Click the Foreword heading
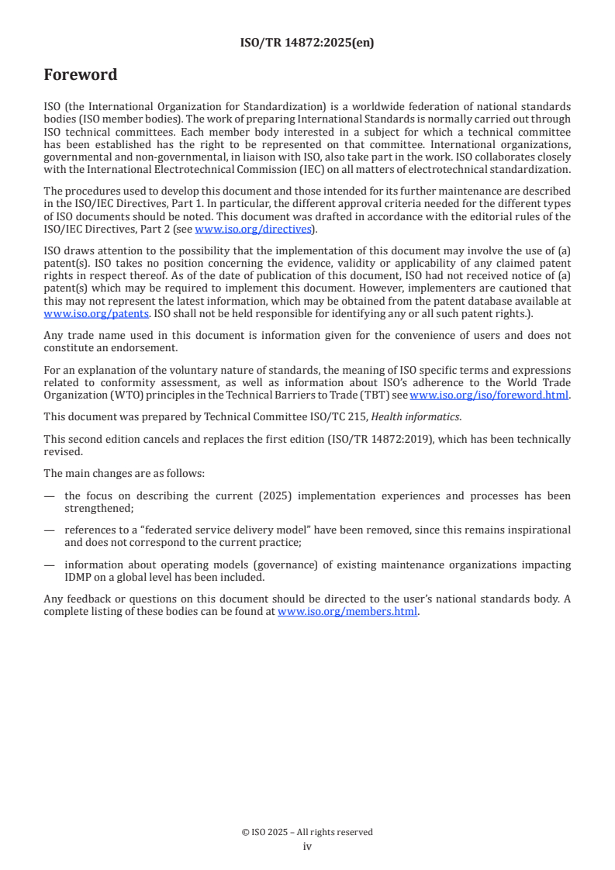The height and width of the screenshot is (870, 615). (81, 75)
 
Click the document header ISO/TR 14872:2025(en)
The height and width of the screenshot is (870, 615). (307, 43)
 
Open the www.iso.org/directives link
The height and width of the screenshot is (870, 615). (253, 229)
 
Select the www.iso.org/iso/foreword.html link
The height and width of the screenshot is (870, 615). (483, 394)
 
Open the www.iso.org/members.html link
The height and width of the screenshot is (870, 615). (347, 611)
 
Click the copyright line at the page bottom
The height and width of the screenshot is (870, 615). (307, 832)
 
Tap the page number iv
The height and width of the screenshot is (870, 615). (307, 847)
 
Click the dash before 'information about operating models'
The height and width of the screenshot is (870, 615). (49, 564)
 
